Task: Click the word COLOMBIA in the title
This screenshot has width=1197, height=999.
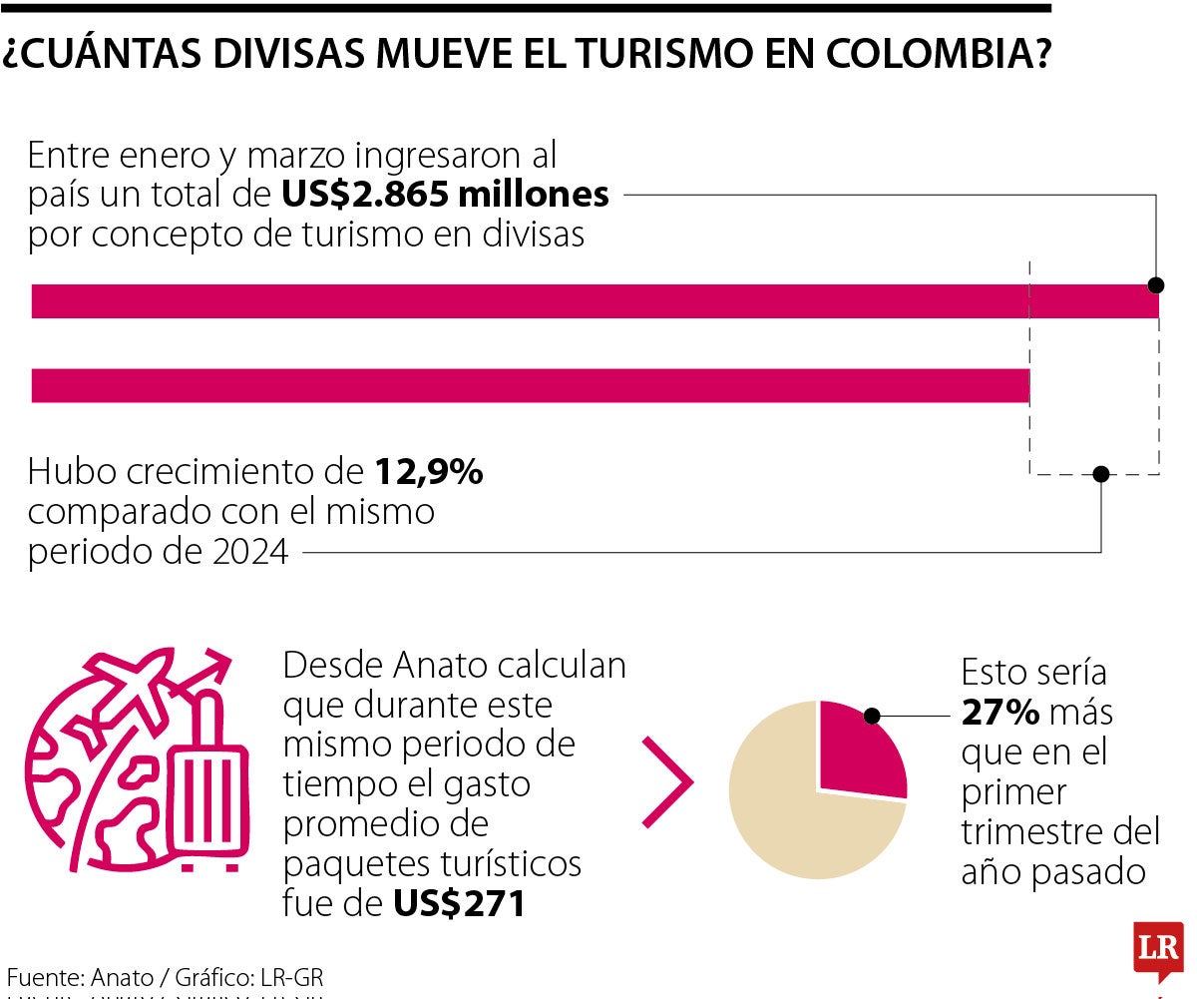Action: click(x=938, y=53)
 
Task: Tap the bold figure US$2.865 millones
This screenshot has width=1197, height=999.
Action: click(x=445, y=194)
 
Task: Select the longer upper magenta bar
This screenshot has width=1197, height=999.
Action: click(x=595, y=301)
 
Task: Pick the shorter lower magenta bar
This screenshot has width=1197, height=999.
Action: click(x=530, y=386)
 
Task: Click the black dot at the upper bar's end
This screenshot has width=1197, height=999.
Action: click(x=1156, y=285)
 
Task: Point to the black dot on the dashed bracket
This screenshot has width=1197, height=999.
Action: click(x=1100, y=474)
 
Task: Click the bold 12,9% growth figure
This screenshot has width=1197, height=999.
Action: click(x=430, y=472)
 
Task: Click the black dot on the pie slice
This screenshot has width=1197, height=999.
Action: click(x=872, y=716)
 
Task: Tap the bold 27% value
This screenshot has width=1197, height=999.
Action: click(x=1000, y=713)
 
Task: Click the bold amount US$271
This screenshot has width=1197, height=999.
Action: click(x=459, y=904)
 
